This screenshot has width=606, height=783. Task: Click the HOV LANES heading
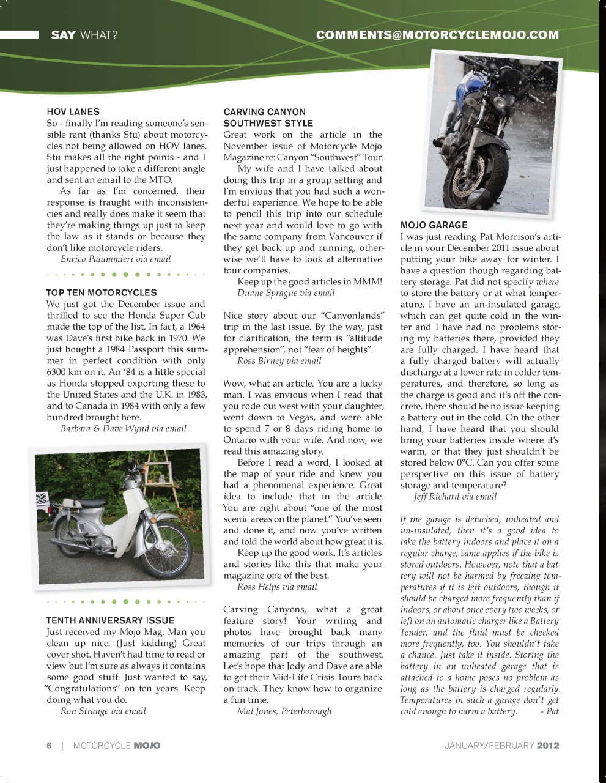pos(73,112)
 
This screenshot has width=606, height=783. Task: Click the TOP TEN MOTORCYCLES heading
pos(102,293)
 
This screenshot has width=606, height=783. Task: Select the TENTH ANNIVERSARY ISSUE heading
pos(110,620)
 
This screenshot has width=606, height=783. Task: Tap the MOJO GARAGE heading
pos(434,225)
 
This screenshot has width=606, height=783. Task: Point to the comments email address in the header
pos(437,35)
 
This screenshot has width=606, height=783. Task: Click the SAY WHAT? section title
pos(84,35)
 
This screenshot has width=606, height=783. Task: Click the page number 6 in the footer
pos(50,745)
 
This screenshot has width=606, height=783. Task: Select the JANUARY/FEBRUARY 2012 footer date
pos(501,745)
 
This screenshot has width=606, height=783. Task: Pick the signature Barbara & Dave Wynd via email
pos(123,428)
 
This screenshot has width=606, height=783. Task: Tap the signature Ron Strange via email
pos(103,711)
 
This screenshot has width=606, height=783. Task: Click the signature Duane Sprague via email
pos(286,293)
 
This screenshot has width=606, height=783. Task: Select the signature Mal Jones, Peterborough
pos(284,711)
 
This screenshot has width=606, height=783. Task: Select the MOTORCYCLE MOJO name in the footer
pos(117,745)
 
